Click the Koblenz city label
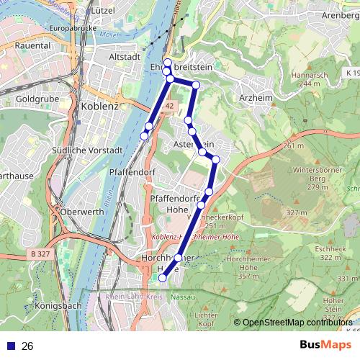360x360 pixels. click(x=100, y=106)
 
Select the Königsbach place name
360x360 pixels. click(x=57, y=305)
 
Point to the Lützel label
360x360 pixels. click(x=102, y=12)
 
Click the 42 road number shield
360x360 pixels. click(x=169, y=105)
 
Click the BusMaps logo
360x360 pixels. click(x=325, y=346)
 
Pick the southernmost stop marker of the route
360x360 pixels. click(x=162, y=278)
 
